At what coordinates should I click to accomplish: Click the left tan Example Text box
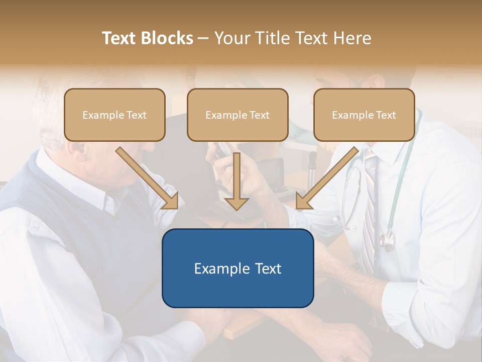pyautogui.click(x=114, y=115)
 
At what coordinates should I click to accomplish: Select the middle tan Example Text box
pyautogui.click(x=237, y=115)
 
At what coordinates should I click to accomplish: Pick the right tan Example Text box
pyautogui.click(x=364, y=115)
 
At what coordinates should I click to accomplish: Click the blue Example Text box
pyautogui.click(x=237, y=268)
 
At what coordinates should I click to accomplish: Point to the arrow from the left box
pyautogui.click(x=146, y=176)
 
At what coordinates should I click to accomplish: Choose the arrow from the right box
pyautogui.click(x=329, y=176)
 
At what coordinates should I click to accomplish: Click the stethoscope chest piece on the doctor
pyautogui.click(x=387, y=242)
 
